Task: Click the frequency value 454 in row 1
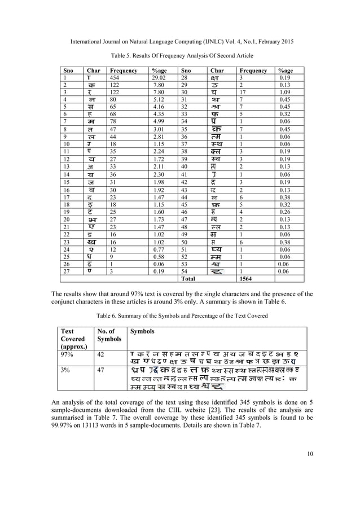coord(116,78)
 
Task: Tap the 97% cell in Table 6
coord(65,354)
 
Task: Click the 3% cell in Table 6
coord(64,370)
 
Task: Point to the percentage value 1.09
coord(285,93)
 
